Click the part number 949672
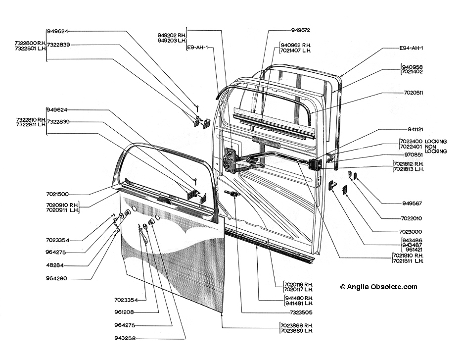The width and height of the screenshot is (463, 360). pyautogui.click(x=301, y=30)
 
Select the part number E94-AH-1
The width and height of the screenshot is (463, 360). pyautogui.click(x=411, y=48)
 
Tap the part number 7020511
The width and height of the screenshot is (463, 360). pyautogui.click(x=414, y=93)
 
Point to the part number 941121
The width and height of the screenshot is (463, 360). pyautogui.click(x=415, y=129)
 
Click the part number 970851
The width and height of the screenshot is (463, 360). pyautogui.click(x=414, y=154)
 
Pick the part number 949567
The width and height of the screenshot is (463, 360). pyautogui.click(x=412, y=204)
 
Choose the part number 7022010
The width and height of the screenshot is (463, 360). pyautogui.click(x=412, y=218)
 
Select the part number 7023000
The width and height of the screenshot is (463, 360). pyautogui.click(x=411, y=232)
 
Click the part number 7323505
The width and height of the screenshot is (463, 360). pyautogui.click(x=301, y=312)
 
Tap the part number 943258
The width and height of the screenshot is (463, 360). pyautogui.click(x=125, y=338)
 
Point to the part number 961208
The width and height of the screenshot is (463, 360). pyautogui.click(x=124, y=312)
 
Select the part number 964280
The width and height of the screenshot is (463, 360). pyautogui.click(x=56, y=278)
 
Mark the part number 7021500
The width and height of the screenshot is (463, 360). pyautogui.click(x=57, y=194)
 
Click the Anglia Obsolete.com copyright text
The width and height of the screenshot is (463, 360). pyautogui.click(x=378, y=287)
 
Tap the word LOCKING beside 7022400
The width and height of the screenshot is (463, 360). pyautogui.click(x=435, y=142)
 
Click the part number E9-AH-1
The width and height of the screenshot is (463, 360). pyautogui.click(x=197, y=48)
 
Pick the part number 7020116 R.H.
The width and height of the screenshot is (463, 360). pyautogui.click(x=298, y=284)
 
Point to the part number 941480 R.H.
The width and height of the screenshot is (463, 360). pyautogui.click(x=299, y=298)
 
